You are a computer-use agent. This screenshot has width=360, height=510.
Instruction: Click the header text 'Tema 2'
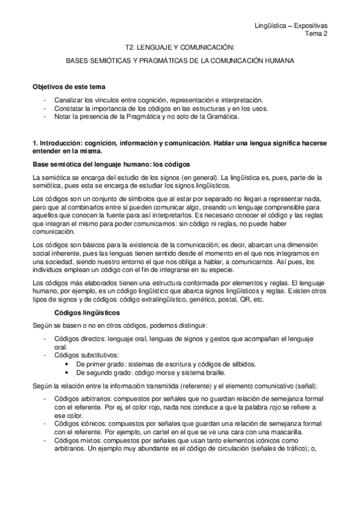click(325, 34)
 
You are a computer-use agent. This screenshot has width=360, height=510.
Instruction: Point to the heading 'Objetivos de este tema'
click(69, 87)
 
